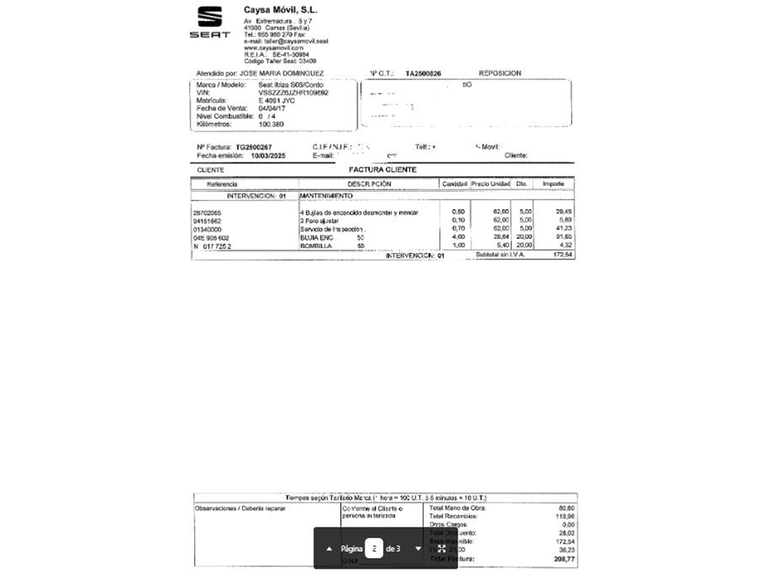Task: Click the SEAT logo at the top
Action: click(210, 22)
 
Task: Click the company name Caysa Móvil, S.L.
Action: click(280, 10)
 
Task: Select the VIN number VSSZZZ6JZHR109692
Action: click(293, 93)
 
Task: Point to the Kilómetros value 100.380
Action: click(271, 124)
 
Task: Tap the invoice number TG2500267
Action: click(254, 147)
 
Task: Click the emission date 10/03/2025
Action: click(268, 156)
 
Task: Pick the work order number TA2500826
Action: click(423, 74)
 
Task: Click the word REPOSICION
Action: click(500, 73)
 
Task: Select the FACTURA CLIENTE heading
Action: click(383, 170)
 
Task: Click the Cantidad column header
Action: click(455, 184)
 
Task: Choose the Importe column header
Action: click(553, 184)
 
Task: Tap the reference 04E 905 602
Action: click(211, 238)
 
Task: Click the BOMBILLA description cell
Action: click(316, 246)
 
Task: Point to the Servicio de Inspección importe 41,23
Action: click(564, 228)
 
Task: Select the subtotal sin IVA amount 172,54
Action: click(563, 255)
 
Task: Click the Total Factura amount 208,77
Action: click(564, 559)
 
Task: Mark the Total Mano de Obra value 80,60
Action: click(566, 508)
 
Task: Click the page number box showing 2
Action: click(374, 549)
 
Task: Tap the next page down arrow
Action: click(418, 549)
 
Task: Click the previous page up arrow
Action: click(329, 549)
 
